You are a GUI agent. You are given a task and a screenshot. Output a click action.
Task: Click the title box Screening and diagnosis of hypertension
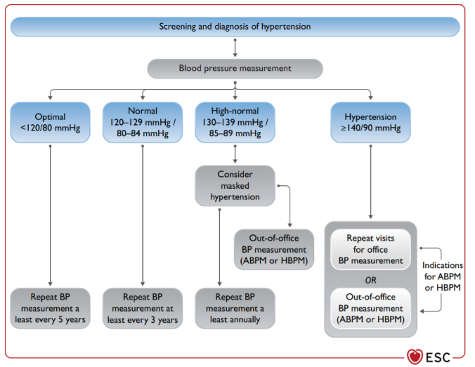click(x=235, y=27)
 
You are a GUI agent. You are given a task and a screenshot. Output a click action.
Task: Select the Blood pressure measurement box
click(x=235, y=68)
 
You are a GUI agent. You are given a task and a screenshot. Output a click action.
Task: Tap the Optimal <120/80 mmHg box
click(x=51, y=122)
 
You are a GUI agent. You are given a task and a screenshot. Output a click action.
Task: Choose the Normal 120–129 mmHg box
click(x=143, y=122)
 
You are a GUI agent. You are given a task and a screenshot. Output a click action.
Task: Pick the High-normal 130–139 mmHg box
click(x=235, y=122)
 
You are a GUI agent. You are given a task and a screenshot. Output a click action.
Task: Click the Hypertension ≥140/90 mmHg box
click(x=370, y=122)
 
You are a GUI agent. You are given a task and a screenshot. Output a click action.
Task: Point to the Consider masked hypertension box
click(x=235, y=186)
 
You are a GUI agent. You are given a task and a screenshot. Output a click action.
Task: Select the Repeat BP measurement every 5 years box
click(x=51, y=308)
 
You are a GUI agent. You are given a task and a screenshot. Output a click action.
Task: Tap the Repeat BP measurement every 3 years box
click(x=143, y=308)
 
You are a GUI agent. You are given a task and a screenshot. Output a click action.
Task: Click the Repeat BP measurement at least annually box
click(x=235, y=308)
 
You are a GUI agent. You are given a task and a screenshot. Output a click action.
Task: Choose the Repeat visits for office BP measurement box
click(x=370, y=249)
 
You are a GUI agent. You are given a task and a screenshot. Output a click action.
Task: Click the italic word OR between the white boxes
click(x=370, y=280)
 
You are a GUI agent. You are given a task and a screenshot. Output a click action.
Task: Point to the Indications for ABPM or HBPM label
click(x=443, y=276)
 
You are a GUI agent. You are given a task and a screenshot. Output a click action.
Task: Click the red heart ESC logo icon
click(x=415, y=356)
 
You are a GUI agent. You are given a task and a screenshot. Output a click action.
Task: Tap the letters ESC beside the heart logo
click(x=438, y=358)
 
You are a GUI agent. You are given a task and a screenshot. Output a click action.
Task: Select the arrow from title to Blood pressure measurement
click(x=235, y=48)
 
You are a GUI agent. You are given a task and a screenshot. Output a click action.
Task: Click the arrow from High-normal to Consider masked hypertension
click(x=235, y=154)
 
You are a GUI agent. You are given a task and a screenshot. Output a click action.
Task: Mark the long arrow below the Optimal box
click(x=51, y=215)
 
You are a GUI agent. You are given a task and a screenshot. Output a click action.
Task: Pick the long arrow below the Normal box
click(x=143, y=215)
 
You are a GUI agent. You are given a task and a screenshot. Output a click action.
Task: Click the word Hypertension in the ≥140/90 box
click(x=370, y=116)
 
